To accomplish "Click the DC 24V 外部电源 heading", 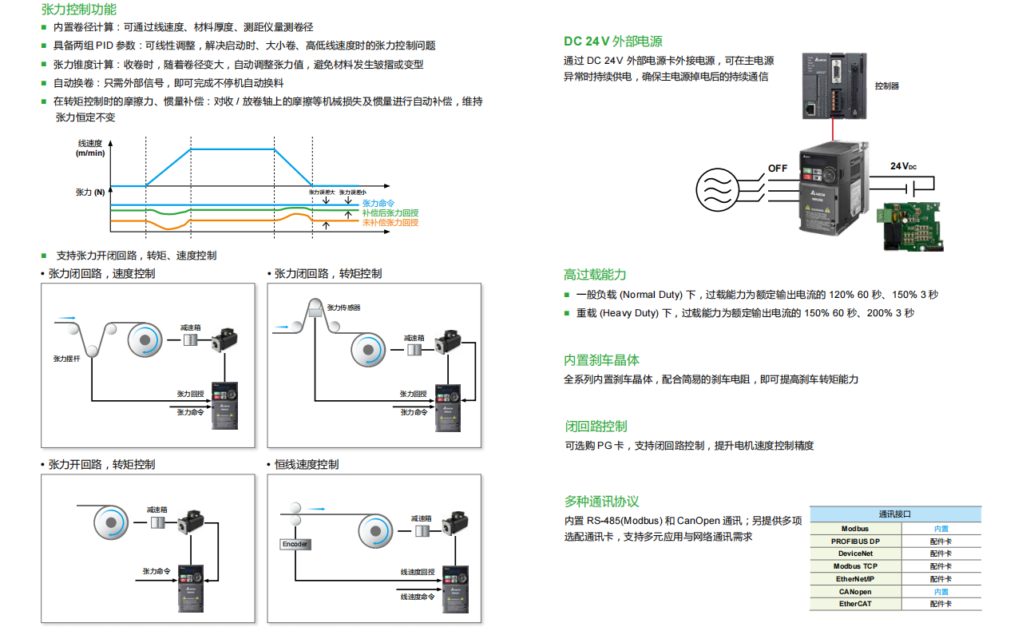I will [612, 42].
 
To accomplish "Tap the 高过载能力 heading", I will [595, 275].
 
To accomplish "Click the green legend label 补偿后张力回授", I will [390, 213].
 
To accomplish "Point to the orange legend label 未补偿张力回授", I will [390, 223].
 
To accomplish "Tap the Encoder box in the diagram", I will [295, 544].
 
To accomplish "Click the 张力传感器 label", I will [343, 308].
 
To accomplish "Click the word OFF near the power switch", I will [778, 169].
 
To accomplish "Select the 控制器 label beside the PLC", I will [886, 85].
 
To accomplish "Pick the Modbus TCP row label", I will [854, 566].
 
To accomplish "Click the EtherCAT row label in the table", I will [854, 604].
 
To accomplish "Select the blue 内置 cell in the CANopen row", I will [941, 592].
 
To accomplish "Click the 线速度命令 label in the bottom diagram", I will [418, 597].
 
